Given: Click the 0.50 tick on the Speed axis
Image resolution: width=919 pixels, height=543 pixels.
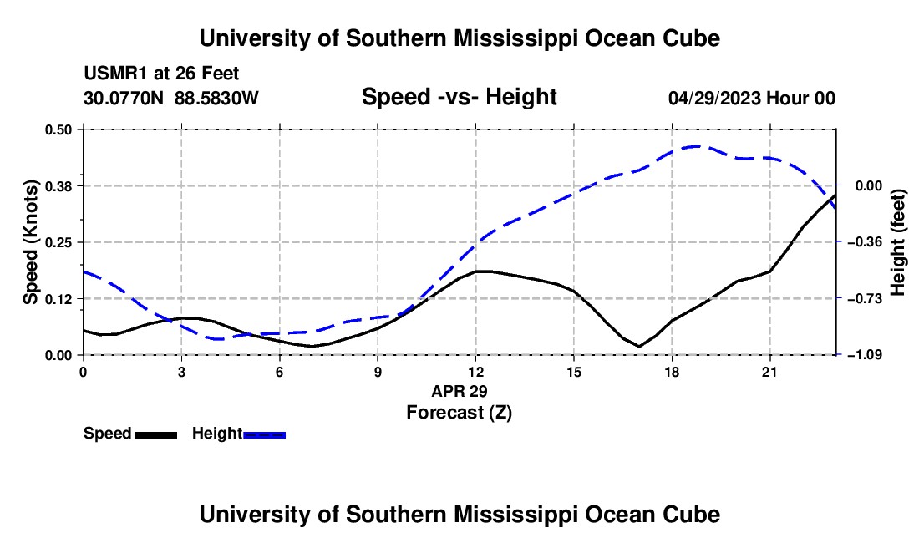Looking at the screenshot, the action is (58, 129).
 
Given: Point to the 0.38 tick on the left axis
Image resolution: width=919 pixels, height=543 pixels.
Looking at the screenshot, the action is (58, 186).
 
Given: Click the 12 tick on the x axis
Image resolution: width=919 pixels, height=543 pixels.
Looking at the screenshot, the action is (476, 372).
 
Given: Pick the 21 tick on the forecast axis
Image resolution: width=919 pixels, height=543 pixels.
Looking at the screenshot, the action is (769, 372).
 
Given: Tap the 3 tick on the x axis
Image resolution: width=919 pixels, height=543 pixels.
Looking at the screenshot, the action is (181, 372).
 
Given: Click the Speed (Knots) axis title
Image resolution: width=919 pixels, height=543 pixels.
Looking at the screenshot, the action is (30, 242).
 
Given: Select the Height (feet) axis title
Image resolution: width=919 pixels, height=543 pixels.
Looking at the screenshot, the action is (897, 242).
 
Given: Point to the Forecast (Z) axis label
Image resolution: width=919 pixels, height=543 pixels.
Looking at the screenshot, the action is (459, 413).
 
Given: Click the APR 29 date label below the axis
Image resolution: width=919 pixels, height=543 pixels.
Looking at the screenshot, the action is (459, 391).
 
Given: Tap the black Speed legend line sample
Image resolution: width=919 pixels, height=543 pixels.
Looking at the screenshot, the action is (156, 435).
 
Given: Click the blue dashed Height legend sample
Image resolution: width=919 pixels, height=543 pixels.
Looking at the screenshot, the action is (264, 435).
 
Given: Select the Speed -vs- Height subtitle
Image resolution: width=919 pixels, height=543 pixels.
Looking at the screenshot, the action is (459, 97).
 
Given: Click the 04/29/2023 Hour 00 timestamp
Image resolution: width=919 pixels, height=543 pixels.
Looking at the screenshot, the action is (752, 98).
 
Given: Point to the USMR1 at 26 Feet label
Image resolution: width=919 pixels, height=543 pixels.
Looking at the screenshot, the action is (162, 74).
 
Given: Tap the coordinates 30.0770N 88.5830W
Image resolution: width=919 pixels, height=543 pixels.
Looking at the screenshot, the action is (171, 98).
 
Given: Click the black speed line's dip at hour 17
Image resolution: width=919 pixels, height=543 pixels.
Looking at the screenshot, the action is (639, 346).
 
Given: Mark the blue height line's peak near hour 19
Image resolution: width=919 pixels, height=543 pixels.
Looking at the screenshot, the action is (696, 146).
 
